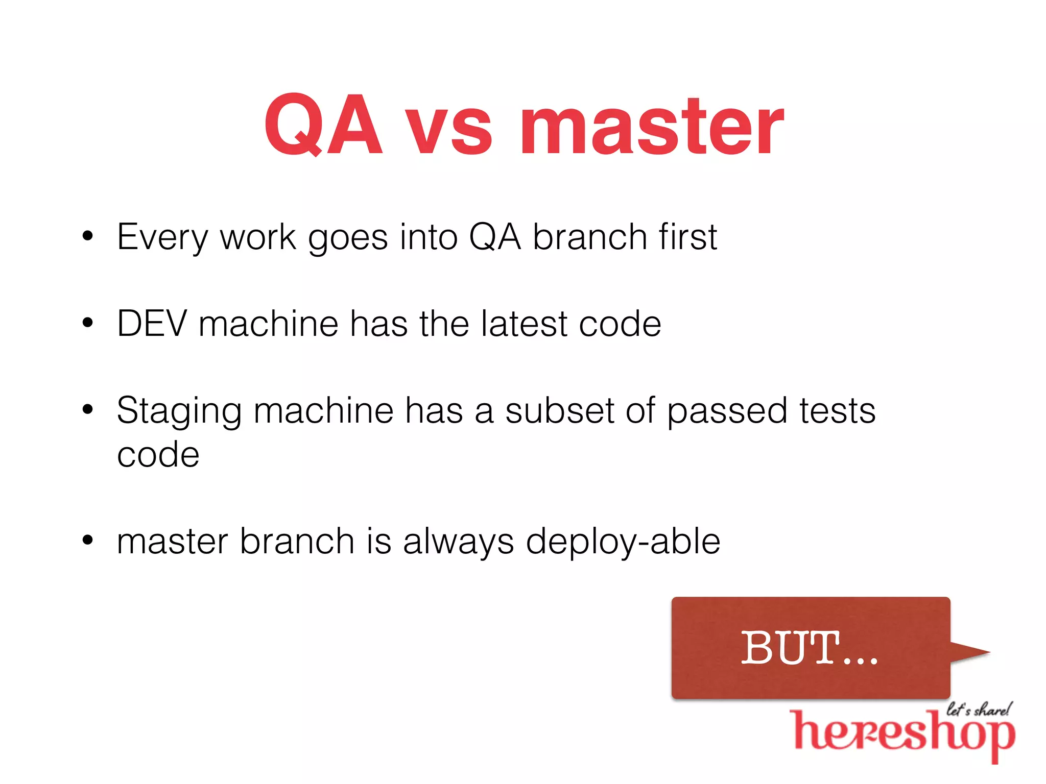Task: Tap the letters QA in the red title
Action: coord(323,125)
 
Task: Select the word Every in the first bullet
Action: coord(162,237)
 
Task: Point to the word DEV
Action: coord(152,324)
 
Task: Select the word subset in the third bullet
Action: coord(559,410)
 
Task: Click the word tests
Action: coord(838,410)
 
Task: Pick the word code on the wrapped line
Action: coord(158,455)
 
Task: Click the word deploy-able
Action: coord(623,542)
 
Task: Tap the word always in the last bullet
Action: coord(458,542)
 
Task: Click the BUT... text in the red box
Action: coord(809,648)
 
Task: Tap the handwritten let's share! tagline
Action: coord(978,709)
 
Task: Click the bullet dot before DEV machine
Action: coord(88,323)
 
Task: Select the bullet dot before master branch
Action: coord(88,540)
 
